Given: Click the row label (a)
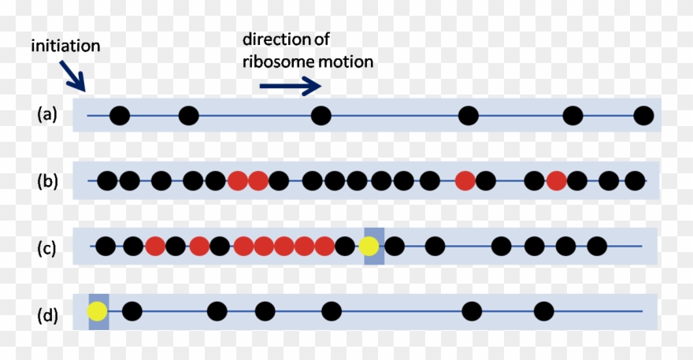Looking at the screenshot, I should pos(47,115).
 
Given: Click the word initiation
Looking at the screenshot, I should pos(65,46).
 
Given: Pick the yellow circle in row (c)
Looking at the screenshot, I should pos(369,247).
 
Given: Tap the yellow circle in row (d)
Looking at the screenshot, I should pos(98,311).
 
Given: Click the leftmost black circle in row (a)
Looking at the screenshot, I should pos(119,116).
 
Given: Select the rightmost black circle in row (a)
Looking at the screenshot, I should pos(643,116).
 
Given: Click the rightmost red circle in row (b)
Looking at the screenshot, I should pos(557,181).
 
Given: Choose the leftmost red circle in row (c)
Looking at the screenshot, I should pos(154,247).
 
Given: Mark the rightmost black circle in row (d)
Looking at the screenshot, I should pos(543,311).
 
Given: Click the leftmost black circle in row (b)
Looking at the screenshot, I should pos(107,181).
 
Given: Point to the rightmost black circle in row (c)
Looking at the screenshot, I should pos(587,247).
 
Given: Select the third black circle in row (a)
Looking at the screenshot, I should pos(321,116).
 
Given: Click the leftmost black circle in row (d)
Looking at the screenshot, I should pos(132,311).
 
